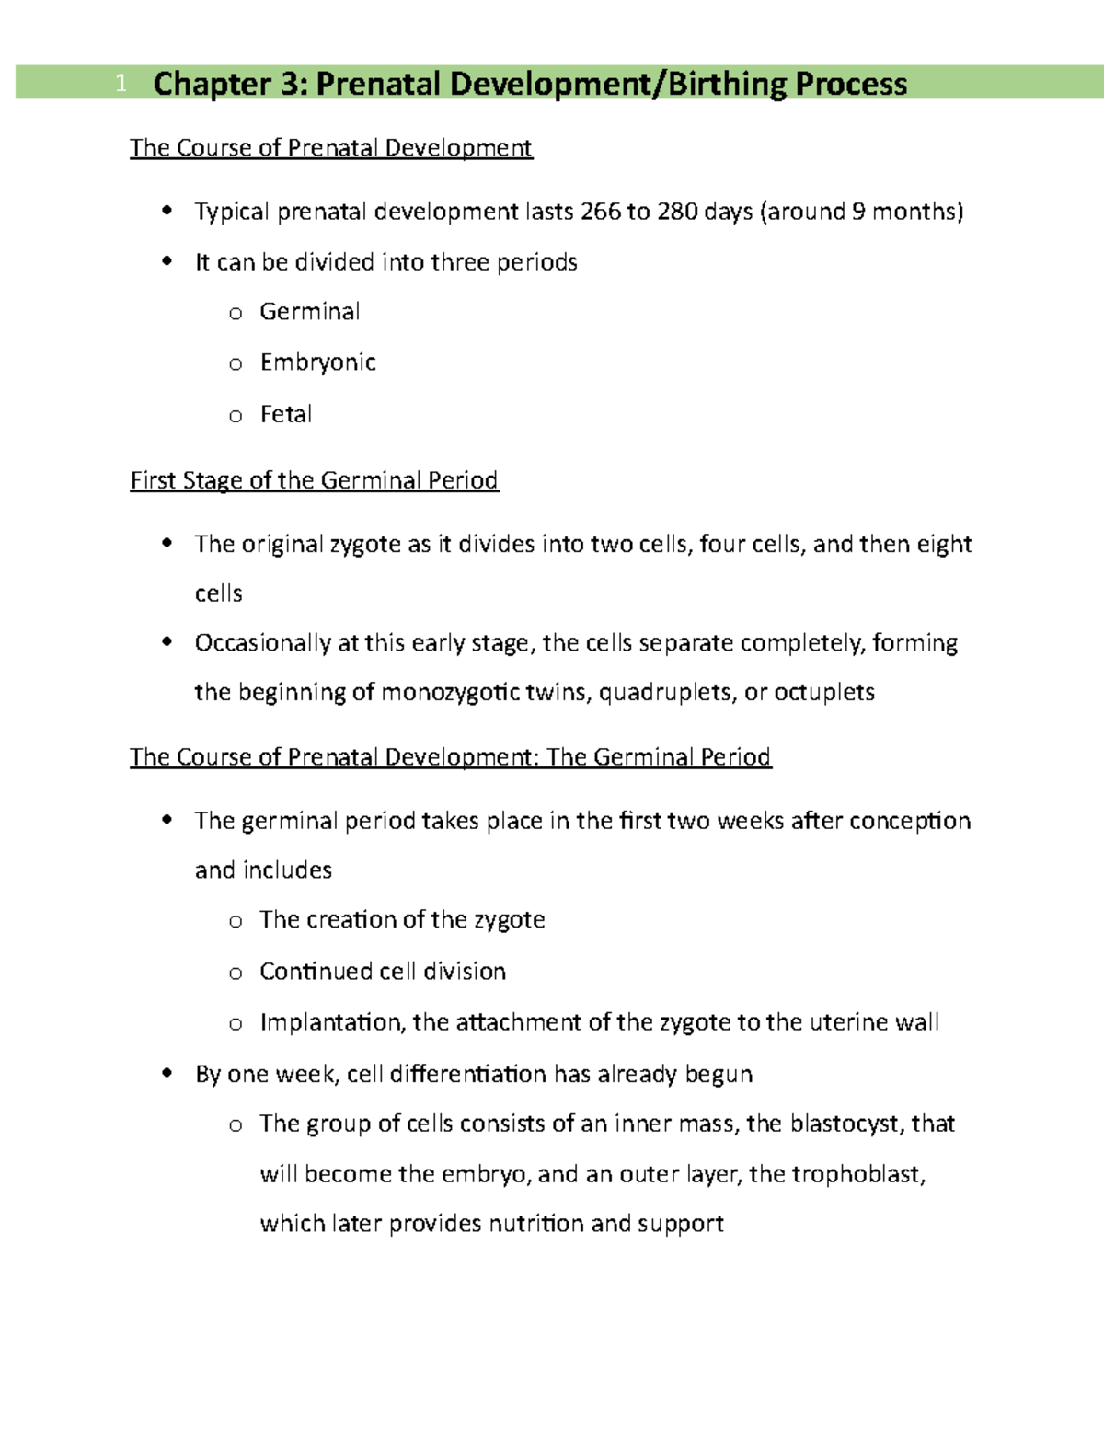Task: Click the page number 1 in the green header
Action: click(x=121, y=85)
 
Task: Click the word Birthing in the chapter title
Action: click(x=726, y=84)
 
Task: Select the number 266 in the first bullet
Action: click(x=601, y=212)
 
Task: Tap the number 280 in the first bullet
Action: click(x=677, y=212)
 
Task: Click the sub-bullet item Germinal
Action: click(x=309, y=312)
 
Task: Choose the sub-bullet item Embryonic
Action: click(x=317, y=363)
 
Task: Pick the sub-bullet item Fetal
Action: click(x=286, y=414)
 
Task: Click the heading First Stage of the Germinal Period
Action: click(x=314, y=480)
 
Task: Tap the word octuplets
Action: click(x=823, y=692)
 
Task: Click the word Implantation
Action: click(x=331, y=1022)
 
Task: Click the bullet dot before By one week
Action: click(x=167, y=1073)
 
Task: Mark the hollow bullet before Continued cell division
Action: click(x=236, y=973)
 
